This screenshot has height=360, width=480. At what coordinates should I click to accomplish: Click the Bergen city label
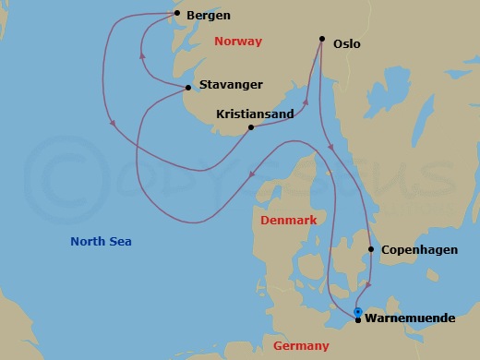[x=209, y=16]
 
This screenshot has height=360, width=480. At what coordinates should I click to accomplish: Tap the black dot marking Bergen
[x=177, y=13]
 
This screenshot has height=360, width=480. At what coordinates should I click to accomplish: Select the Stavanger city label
[x=231, y=85]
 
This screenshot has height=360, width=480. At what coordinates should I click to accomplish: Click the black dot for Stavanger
[x=188, y=88]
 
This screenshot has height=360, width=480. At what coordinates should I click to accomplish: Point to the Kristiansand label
[x=254, y=114]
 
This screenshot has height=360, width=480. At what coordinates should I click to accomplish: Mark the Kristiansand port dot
[x=251, y=127]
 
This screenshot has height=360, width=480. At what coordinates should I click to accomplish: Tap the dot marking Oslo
[x=322, y=39]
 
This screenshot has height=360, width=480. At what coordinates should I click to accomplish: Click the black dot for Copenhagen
[x=371, y=249]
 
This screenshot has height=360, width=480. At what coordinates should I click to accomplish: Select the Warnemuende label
[x=410, y=318]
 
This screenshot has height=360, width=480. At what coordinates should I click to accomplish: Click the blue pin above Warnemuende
[x=358, y=312]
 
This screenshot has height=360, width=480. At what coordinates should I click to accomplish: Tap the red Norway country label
[x=237, y=42]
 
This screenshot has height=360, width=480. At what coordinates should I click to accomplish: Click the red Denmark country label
[x=288, y=221]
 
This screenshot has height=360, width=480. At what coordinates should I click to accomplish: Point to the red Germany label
[x=301, y=346]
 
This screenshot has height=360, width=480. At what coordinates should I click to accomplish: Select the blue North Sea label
[x=101, y=242]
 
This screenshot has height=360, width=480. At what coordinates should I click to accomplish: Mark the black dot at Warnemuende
[x=358, y=320]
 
